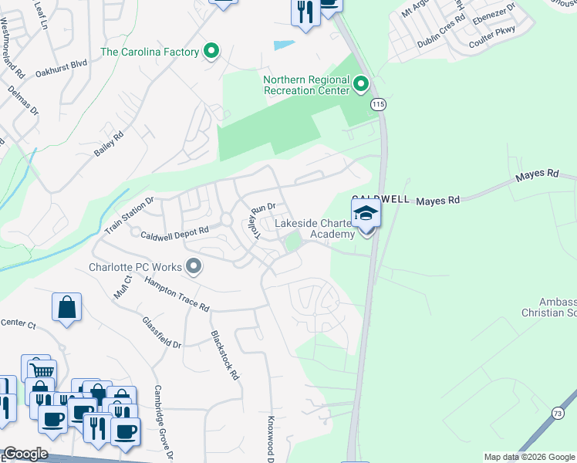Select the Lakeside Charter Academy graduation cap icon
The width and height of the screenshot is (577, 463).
(x=366, y=214)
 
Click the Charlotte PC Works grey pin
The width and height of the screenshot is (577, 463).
(x=194, y=267)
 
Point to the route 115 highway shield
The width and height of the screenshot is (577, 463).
(x=377, y=104)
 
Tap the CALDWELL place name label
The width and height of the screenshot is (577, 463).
(x=380, y=199)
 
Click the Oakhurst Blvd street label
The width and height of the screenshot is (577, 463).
(x=83, y=66)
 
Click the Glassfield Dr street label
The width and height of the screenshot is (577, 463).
(x=161, y=333)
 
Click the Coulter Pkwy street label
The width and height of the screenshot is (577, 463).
(x=515, y=30)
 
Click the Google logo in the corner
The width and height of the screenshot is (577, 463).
(x=25, y=454)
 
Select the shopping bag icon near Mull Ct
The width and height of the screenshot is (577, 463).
(x=67, y=308)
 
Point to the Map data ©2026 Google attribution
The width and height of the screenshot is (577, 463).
(x=529, y=457)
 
